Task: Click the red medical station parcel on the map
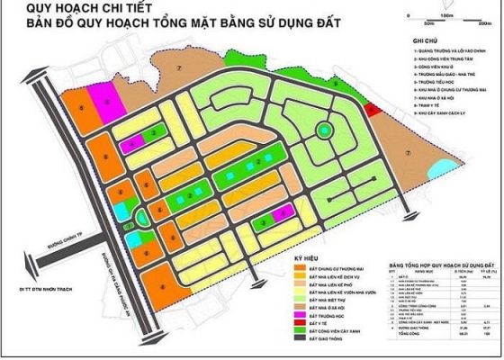pyautogui.click(x=373, y=109)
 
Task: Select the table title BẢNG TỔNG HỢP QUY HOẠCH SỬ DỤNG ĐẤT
pyautogui.click(x=439, y=267)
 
